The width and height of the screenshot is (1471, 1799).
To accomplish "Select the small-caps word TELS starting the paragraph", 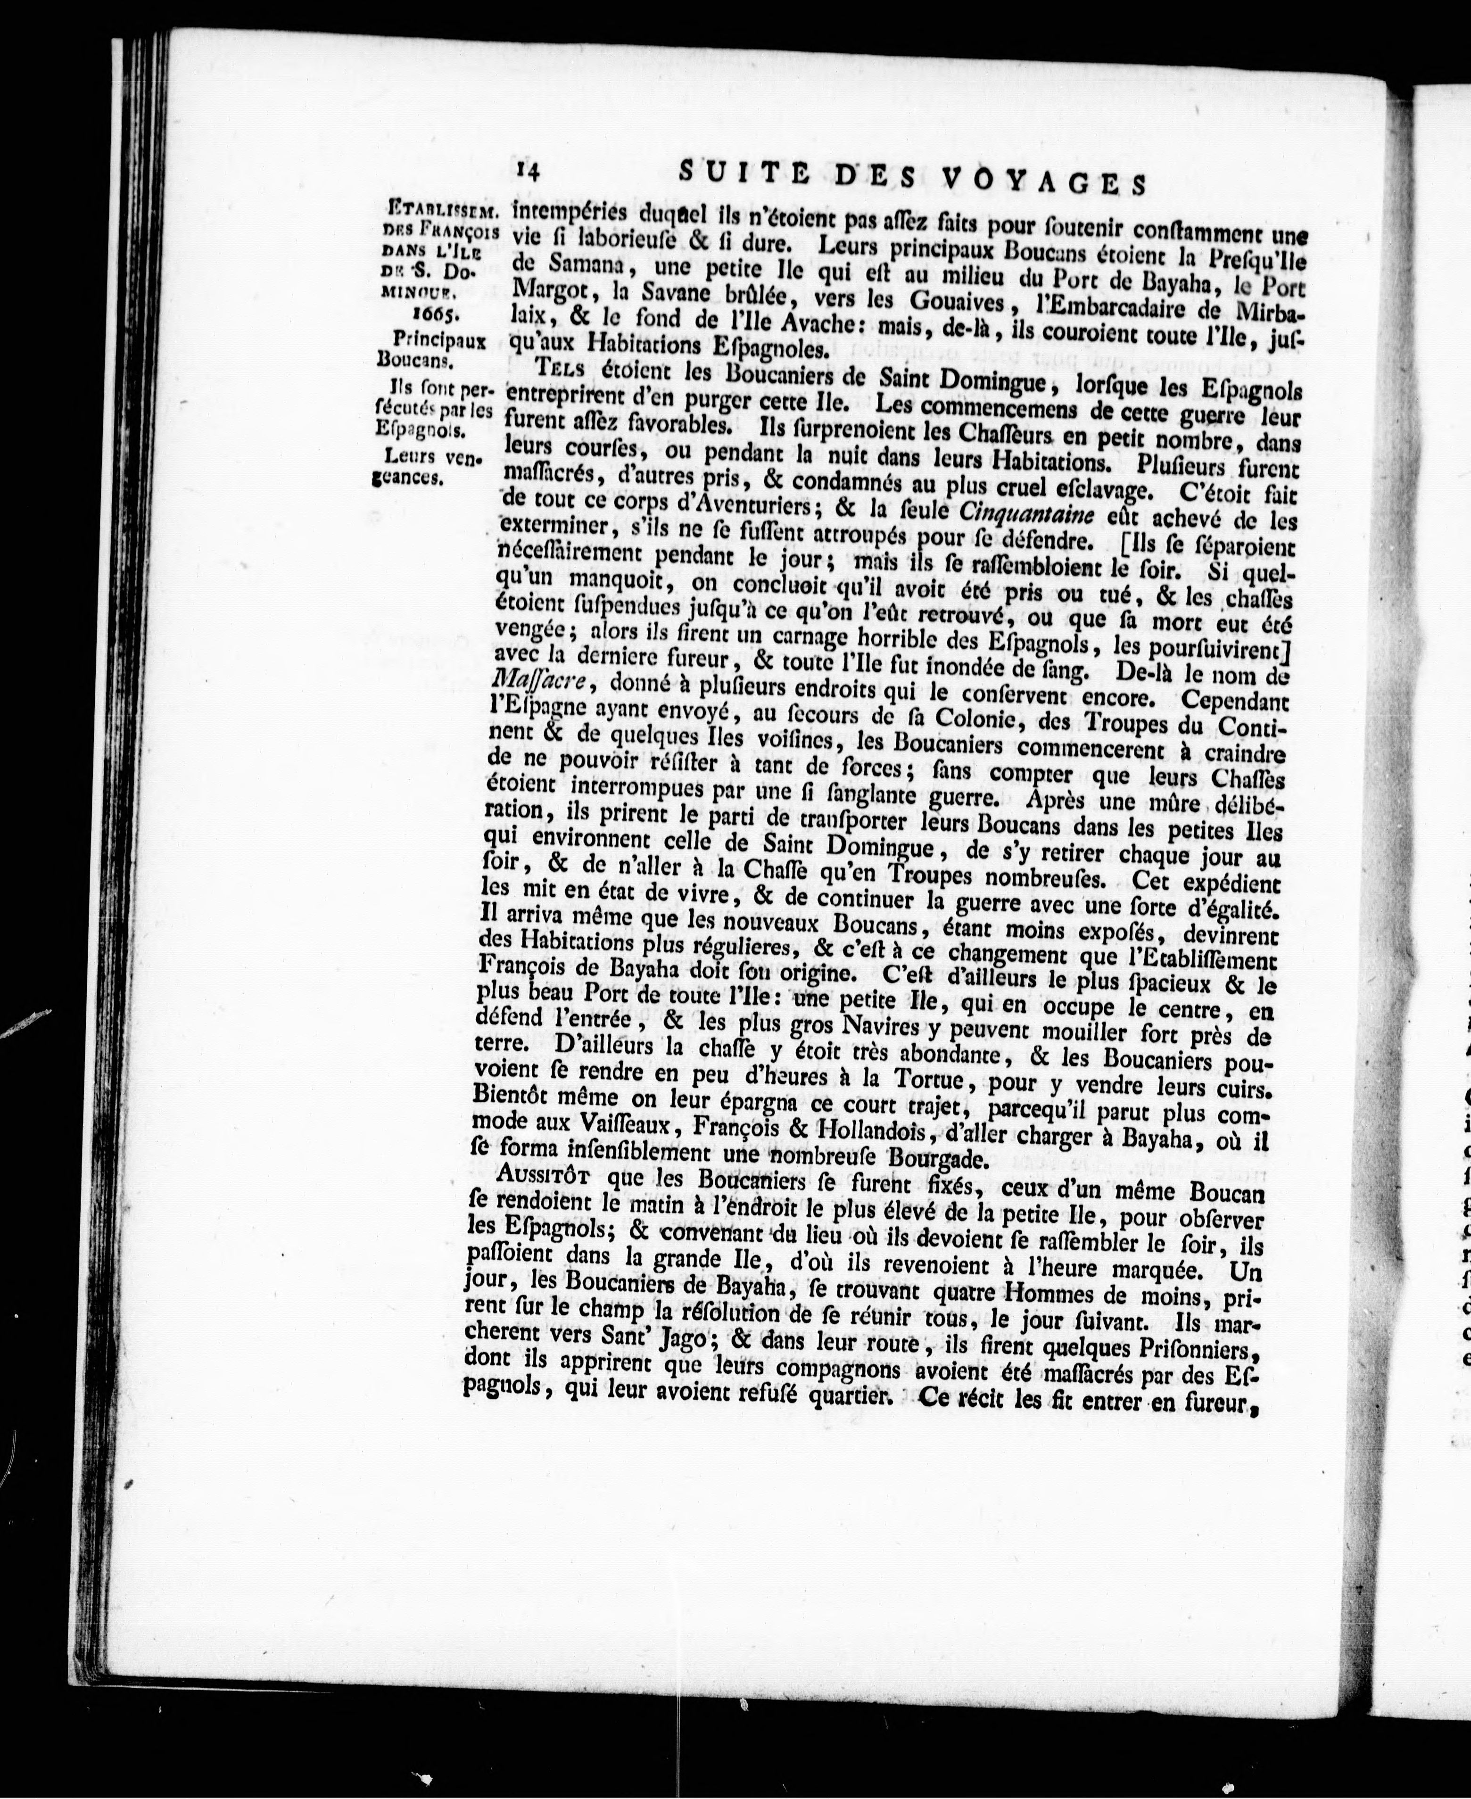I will (562, 370).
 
